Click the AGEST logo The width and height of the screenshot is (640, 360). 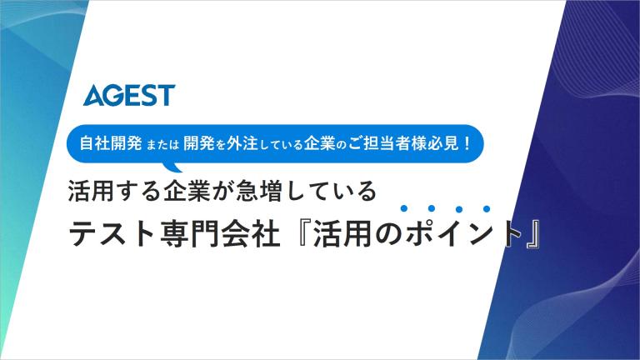(129, 95)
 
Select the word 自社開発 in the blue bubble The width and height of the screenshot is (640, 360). (111, 143)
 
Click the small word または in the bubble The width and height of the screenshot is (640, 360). (162, 144)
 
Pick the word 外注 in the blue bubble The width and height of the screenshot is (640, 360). (242, 143)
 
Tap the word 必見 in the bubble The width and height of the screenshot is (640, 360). (442, 143)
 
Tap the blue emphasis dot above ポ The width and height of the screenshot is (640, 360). (404, 208)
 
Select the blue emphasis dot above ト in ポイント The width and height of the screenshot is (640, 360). (487, 209)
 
